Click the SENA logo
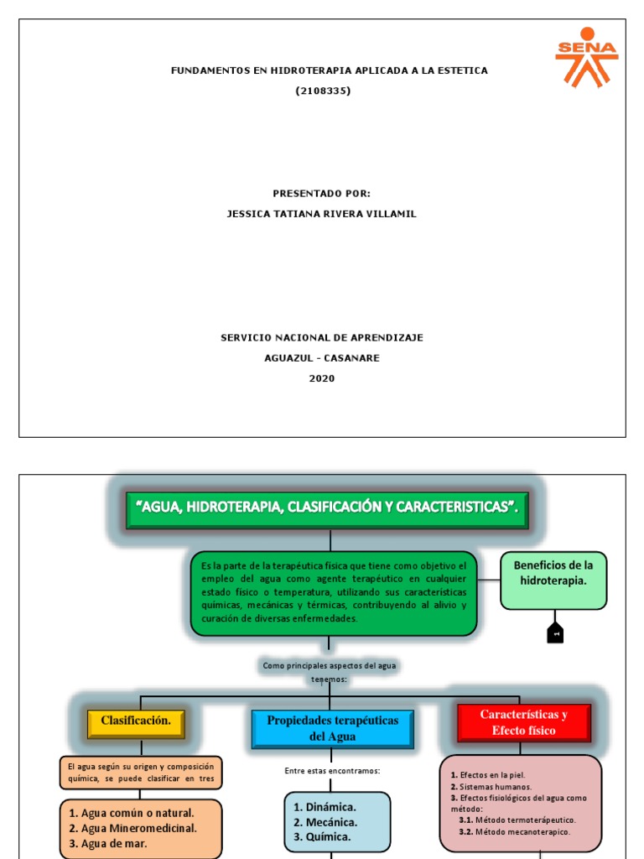[586, 56]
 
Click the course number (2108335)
[323, 91]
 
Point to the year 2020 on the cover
[321, 378]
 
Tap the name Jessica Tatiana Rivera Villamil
[322, 214]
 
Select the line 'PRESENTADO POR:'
[321, 194]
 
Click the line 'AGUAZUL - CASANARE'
[322, 358]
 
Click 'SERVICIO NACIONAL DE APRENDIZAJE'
[322, 338]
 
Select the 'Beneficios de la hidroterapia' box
[553, 580]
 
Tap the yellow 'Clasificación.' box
[136, 721]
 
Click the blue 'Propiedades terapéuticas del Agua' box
[332, 728]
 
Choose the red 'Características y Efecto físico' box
[523, 722]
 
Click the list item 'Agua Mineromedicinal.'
[139, 828]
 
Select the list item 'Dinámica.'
[325, 806]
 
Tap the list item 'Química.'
[322, 836]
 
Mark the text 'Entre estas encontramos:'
[332, 771]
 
